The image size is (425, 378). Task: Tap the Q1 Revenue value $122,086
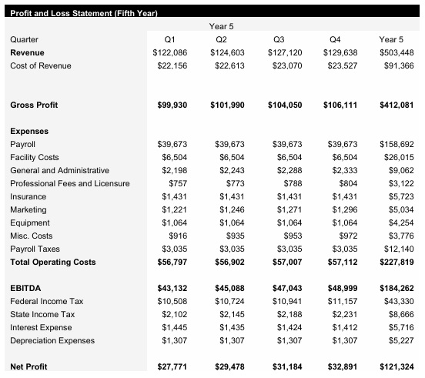[169, 52]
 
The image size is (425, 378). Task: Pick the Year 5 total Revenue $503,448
[397, 52]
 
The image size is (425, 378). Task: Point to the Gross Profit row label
[34, 105]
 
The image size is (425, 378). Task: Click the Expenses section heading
[29, 132]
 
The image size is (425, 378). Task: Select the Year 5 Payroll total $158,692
[397, 144]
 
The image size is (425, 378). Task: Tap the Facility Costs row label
[35, 157]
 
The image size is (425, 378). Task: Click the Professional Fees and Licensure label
[70, 183]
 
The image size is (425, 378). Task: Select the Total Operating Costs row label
[53, 263]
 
